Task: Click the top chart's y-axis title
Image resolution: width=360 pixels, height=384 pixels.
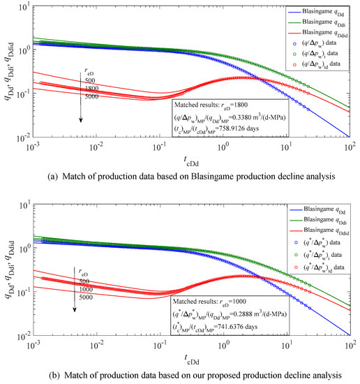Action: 9,70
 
